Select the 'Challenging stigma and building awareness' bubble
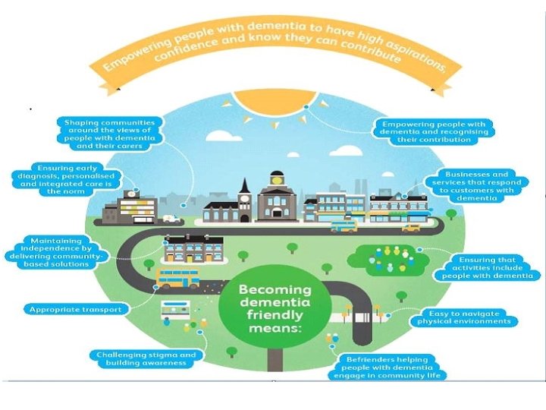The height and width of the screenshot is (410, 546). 146,358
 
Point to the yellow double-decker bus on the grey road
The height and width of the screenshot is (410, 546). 177,279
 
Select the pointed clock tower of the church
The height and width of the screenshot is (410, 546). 244,188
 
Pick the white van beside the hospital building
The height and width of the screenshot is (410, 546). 171,219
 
